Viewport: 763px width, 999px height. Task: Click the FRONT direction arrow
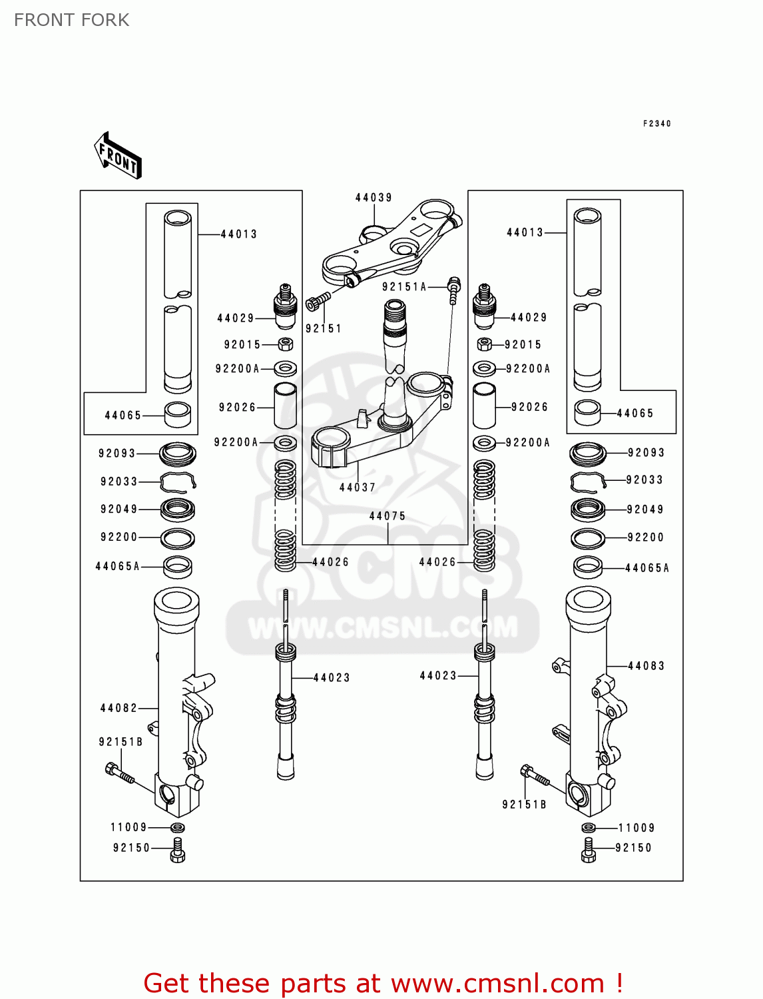[x=118, y=156]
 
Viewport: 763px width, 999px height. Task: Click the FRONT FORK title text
[x=71, y=20]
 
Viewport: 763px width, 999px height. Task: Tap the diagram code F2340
[x=656, y=123]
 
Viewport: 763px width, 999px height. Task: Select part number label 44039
[x=374, y=198]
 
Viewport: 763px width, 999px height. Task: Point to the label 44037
[x=358, y=488]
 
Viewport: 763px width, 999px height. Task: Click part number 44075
[x=387, y=516]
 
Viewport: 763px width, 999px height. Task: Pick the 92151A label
[x=404, y=287]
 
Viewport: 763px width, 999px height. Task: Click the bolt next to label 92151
[x=318, y=301]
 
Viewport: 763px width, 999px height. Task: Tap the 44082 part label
[x=119, y=708]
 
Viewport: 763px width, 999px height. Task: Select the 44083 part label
[x=646, y=666]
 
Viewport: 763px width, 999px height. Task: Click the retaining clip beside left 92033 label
[x=178, y=481]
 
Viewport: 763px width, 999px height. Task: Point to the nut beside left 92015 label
[x=286, y=344]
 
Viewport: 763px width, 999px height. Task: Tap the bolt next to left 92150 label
[x=177, y=850]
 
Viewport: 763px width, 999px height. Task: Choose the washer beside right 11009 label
[x=589, y=828]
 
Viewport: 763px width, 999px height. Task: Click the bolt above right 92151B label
[x=535, y=776]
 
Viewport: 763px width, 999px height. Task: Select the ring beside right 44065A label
[x=588, y=567]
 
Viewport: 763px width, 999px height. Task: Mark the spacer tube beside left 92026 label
[x=286, y=406]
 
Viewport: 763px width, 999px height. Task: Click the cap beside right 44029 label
[x=484, y=307]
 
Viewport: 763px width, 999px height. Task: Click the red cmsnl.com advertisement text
[x=383, y=983]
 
